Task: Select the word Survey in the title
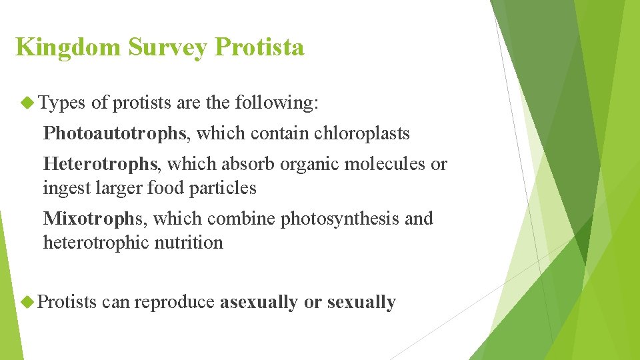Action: (x=169, y=47)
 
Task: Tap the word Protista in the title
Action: (x=260, y=47)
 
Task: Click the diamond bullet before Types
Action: (x=27, y=103)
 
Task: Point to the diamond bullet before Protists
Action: (x=27, y=302)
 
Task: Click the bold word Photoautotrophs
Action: (x=115, y=133)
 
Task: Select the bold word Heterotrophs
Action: (x=101, y=164)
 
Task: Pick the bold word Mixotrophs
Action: (x=93, y=219)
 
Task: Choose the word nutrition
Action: (x=189, y=243)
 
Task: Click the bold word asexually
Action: (x=259, y=302)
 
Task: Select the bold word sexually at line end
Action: (x=361, y=302)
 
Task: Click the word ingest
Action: (x=60, y=188)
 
